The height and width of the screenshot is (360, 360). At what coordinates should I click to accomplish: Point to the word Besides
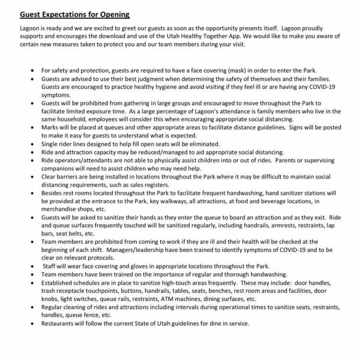pyautogui.click(x=53, y=193)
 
